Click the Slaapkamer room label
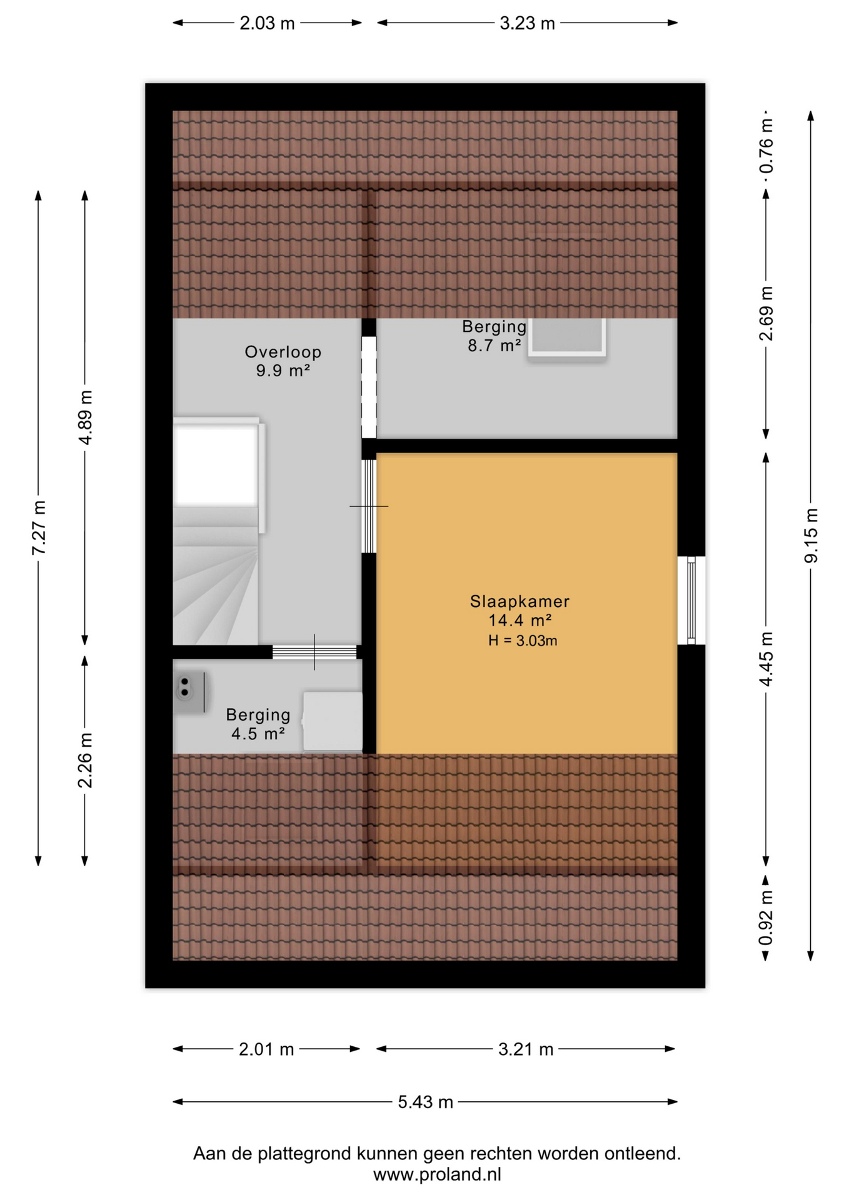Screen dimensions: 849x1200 (x=520, y=601)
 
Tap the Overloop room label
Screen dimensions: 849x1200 (x=283, y=352)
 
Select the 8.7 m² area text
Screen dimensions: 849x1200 (x=495, y=345)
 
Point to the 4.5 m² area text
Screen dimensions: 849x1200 (x=258, y=733)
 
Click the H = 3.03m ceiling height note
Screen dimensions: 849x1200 (x=523, y=641)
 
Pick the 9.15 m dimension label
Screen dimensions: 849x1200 (x=811, y=536)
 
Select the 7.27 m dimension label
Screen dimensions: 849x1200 (x=39, y=527)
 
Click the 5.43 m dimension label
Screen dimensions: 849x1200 (x=425, y=1102)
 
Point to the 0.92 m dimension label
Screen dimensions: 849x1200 (x=766, y=918)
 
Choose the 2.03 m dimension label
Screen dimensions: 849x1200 (x=267, y=23)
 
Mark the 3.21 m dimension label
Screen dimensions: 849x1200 (x=526, y=1049)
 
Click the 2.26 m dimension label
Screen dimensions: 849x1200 (x=85, y=760)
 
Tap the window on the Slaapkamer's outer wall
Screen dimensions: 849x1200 (x=691, y=600)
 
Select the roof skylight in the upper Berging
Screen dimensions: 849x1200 (x=567, y=337)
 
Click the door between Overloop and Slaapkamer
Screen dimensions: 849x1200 (x=369, y=506)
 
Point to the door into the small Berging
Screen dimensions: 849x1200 (x=314, y=652)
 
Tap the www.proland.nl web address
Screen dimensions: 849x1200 (x=437, y=1174)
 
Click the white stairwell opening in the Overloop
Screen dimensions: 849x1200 (x=216, y=463)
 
